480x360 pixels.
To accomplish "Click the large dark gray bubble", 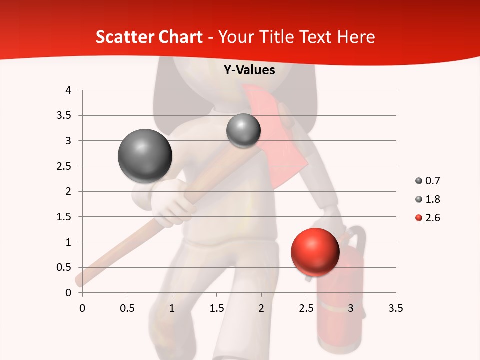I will pos(145,156).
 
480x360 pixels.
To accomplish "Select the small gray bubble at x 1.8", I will pos(243,131).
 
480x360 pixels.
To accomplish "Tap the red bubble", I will pos(315,252).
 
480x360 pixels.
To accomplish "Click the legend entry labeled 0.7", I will pos(427,181).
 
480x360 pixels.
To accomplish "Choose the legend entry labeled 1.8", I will pos(427,199).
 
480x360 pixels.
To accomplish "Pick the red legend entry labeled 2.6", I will pos(427,218).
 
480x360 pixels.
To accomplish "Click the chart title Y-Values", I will pos(249,70).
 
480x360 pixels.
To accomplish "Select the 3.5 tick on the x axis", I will pos(395,308).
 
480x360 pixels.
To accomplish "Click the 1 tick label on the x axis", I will pos(172,308).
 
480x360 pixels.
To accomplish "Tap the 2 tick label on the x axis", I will pos(261,308).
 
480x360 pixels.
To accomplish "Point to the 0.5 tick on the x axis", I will pos(127,308).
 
